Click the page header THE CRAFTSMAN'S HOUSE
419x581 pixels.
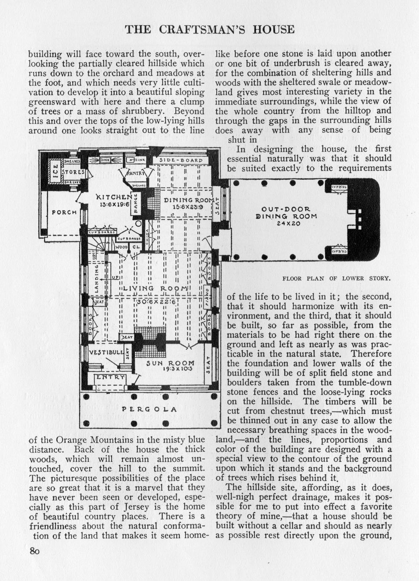pos(209,29)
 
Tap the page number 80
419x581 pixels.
pos(34,551)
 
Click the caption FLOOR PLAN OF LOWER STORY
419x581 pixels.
pos(336,278)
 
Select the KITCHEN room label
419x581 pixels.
pos(114,197)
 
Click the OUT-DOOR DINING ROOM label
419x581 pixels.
pos(286,213)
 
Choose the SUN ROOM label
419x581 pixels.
pos(170,363)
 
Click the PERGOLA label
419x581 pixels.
pos(149,409)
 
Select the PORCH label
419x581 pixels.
pos(64,212)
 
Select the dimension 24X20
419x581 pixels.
pos(288,224)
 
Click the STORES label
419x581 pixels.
pos(74,172)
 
